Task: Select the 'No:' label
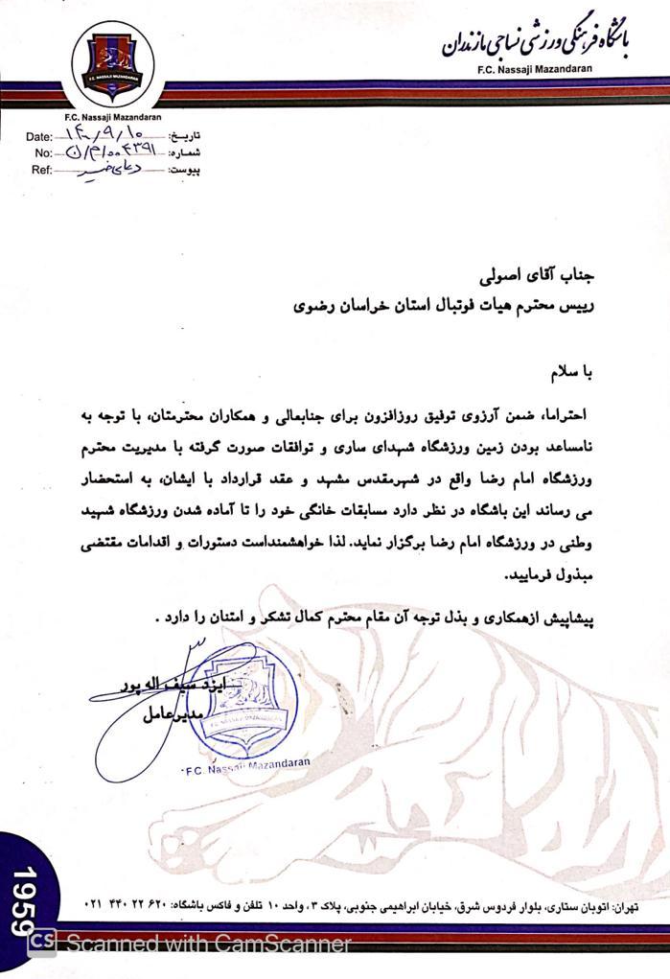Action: coord(42,153)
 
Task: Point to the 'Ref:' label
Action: coord(40,170)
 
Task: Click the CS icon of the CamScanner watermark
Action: coord(40,944)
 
